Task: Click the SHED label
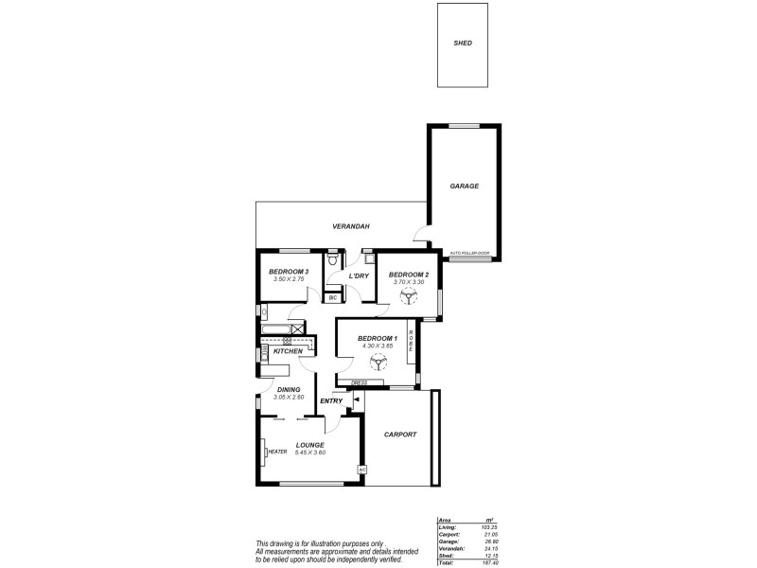coord(463,44)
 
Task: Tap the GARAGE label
coord(464,186)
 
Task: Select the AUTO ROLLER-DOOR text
coord(469,253)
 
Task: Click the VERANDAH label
coord(350,227)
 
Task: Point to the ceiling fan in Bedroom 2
coord(408,298)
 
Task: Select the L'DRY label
coord(359,276)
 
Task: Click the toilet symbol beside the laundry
coord(332,258)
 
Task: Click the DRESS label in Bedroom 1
coord(359,383)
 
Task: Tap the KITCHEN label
coord(288,351)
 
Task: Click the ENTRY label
coord(331,401)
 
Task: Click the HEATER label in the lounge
coord(277,452)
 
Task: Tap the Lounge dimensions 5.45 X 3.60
coord(309,453)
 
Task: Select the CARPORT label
coord(400,435)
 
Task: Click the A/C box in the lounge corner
coord(361,470)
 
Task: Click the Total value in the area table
coord(489,561)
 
